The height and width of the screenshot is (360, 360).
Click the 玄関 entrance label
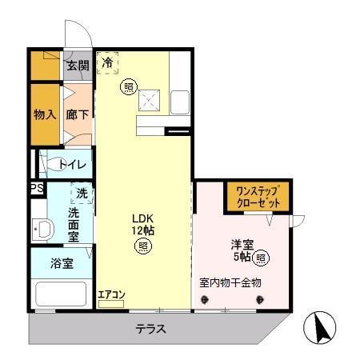point(78,66)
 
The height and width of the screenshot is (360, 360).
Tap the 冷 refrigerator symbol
point(107,62)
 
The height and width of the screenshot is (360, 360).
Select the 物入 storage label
point(44,114)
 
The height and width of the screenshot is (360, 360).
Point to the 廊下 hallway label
point(77,114)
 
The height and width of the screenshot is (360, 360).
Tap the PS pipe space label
point(36,189)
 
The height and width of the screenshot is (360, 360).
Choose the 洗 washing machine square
point(82,193)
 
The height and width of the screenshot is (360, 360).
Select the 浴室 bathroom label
point(62,263)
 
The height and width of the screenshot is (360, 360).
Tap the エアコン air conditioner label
point(111,294)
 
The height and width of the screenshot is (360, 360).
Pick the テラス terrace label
point(150,329)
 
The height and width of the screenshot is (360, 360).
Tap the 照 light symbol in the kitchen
point(128,86)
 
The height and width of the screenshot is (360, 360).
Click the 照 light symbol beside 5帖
point(261,258)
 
